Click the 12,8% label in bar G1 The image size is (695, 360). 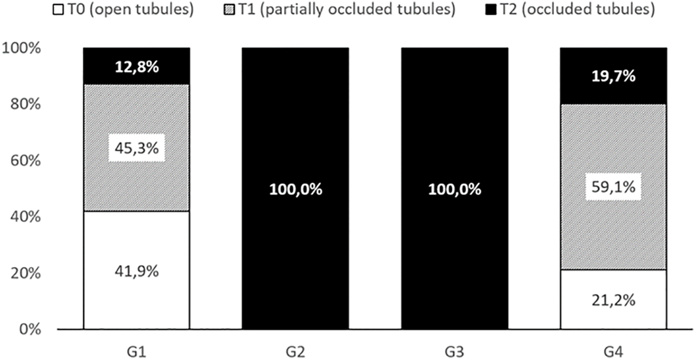(137, 67)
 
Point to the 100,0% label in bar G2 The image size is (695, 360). (295, 189)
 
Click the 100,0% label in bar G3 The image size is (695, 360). (455, 189)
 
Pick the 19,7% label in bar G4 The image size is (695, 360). (614, 77)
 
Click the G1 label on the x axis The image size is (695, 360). (137, 352)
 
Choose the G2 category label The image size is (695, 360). (295, 352)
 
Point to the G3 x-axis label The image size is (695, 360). (455, 352)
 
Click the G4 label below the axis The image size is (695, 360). (614, 352)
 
